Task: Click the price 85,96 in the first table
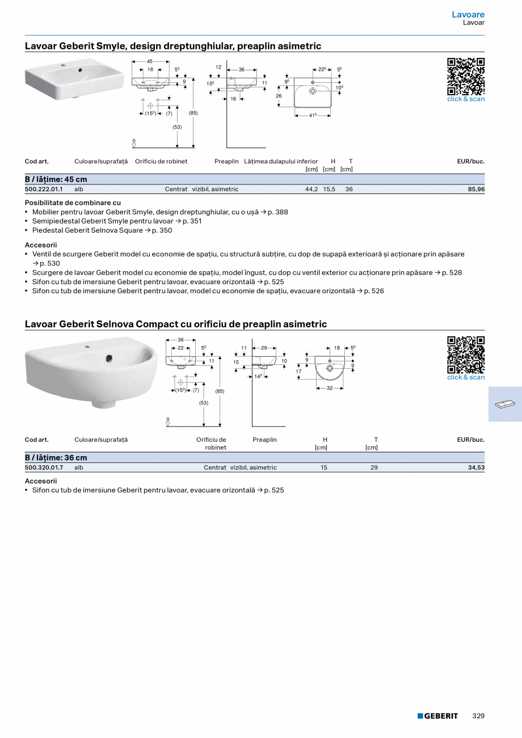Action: point(476,189)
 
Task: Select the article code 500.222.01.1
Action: point(44,189)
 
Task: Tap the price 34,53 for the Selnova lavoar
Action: point(476,468)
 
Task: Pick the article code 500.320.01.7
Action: point(44,468)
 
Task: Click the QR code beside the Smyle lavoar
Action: point(466,77)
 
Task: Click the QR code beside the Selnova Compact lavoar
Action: point(466,355)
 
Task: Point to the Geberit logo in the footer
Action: point(437,716)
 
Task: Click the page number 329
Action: point(478,716)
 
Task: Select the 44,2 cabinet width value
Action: point(311,189)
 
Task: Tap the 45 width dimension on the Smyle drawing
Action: point(150,61)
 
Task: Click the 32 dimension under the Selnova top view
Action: point(330,388)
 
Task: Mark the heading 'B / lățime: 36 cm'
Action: point(56,458)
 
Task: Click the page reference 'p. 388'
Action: point(278,212)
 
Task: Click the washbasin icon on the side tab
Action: point(504,404)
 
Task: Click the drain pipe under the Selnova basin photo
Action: point(105,404)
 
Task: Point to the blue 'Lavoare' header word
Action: point(468,14)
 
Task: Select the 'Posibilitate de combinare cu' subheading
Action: point(73,203)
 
